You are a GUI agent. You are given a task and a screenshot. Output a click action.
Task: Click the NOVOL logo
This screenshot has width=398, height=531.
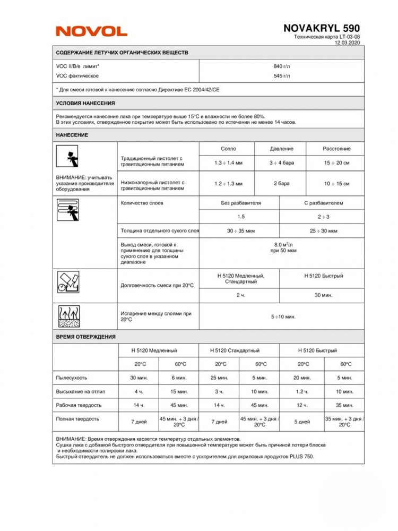[x=91, y=31]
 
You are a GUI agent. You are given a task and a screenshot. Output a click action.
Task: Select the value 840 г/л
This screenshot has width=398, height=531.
[x=282, y=66]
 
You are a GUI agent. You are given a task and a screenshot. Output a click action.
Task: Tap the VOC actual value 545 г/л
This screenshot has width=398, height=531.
[x=282, y=76]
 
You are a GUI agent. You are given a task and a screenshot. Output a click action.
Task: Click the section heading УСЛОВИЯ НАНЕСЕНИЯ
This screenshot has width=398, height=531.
[x=85, y=103]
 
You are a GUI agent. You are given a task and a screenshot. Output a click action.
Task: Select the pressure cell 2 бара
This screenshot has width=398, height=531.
[x=281, y=184]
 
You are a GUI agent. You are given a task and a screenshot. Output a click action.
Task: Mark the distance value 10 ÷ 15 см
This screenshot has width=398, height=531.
[x=336, y=184]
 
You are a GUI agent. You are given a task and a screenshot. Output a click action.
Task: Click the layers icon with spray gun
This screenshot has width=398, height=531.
[x=67, y=209]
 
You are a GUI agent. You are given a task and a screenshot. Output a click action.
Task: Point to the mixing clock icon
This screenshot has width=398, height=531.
[x=67, y=282]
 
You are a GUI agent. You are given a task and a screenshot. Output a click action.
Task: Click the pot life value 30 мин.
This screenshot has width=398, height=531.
[x=323, y=295]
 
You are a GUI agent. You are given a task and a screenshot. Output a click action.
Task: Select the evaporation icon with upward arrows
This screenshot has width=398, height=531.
[x=67, y=316]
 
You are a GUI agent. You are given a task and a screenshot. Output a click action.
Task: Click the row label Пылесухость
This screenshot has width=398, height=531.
[x=72, y=378]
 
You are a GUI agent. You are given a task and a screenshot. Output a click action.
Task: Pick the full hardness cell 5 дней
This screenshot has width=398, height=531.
[x=302, y=422]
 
